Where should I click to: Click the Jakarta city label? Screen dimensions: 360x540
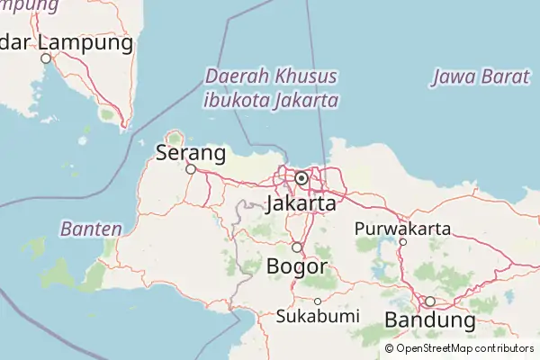301,204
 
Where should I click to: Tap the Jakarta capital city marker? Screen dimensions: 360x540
301,178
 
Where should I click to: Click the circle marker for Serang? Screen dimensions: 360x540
191,168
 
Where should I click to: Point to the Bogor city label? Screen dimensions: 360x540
296,265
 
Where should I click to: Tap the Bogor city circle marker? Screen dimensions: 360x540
296,247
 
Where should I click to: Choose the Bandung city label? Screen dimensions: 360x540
429,319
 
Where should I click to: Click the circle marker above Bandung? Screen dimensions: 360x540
430,301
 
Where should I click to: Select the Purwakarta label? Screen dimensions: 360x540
402,228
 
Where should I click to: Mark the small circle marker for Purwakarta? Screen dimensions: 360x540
403,242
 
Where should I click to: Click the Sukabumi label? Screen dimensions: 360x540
318,316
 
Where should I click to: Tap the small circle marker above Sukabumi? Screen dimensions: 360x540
318,301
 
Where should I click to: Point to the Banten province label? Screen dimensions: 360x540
91,229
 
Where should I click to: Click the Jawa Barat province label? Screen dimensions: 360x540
480,76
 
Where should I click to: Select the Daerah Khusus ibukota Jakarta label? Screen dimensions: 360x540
271,87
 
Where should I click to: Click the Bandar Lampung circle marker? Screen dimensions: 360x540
46,58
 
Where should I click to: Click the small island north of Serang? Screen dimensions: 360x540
174,138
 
